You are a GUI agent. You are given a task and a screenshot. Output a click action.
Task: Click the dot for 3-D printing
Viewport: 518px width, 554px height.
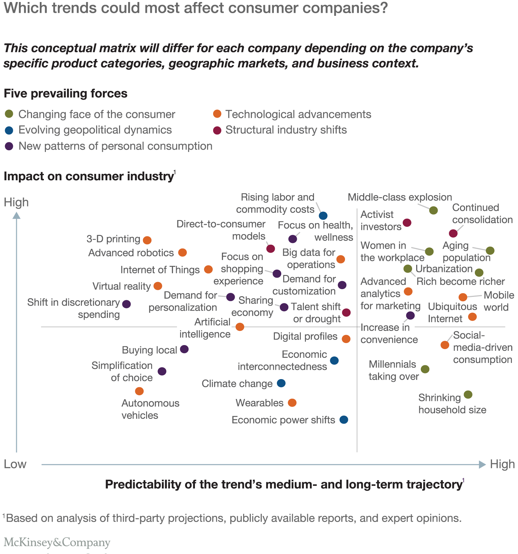[147, 240]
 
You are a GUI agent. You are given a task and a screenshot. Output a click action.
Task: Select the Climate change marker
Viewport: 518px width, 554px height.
[281, 383]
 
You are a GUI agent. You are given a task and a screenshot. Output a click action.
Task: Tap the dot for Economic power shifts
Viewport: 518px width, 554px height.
[344, 420]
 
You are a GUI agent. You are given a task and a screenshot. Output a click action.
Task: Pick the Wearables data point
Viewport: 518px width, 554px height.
[292, 403]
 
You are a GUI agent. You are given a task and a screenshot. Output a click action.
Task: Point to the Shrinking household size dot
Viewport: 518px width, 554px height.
[468, 395]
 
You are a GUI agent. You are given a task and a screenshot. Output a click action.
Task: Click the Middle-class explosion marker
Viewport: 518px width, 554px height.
[433, 210]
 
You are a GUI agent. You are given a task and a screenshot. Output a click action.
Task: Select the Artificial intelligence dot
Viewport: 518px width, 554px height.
[240, 327]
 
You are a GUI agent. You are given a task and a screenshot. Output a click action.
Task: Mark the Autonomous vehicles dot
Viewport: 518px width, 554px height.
[139, 391]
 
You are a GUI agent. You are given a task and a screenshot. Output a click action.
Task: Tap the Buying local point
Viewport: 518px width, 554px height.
[184, 349]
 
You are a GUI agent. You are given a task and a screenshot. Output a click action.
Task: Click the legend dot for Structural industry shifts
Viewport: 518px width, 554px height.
[217, 130]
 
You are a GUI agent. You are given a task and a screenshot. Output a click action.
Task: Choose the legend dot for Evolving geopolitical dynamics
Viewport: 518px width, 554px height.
[9, 130]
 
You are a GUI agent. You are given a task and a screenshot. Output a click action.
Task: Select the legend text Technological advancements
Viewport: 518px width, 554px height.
[298, 115]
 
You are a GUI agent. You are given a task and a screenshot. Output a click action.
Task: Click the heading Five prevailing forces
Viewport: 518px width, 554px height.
[65, 93]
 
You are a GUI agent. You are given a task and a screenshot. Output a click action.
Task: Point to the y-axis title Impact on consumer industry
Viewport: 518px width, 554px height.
[88, 176]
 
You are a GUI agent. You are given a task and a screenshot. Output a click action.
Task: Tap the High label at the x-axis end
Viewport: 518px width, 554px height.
[502, 464]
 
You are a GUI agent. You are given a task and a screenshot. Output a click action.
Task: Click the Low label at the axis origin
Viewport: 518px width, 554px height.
[15, 464]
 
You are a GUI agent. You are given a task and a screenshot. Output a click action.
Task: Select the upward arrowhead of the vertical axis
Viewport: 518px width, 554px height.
[17, 215]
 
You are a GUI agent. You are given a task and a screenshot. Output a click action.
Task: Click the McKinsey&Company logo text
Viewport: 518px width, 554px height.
[57, 543]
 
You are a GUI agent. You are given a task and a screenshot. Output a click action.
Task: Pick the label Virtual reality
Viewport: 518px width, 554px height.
[121, 286]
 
